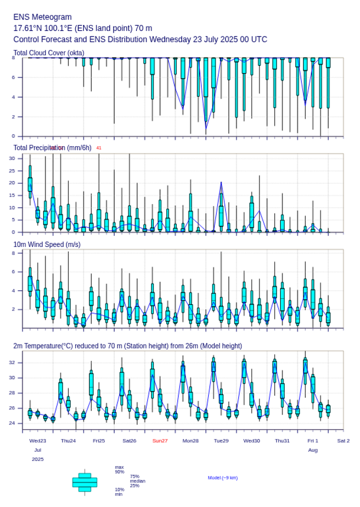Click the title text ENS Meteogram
pos(43,17)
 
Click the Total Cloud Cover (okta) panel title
pos(49,53)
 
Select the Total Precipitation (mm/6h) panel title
pos(53,148)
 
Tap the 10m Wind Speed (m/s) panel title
pos(47,244)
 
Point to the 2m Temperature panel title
pos(127,346)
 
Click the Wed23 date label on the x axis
pos(38,441)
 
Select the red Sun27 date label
pos(160,441)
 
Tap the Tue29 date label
pos(221,441)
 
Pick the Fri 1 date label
pos(313,441)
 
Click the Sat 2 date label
pos(343,441)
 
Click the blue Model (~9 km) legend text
pos(223,478)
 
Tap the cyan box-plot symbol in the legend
pos(84,482)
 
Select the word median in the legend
pos(137,481)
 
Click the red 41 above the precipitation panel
pos(99,148)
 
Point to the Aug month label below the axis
pos(313,451)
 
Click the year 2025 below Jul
pos(38,459)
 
